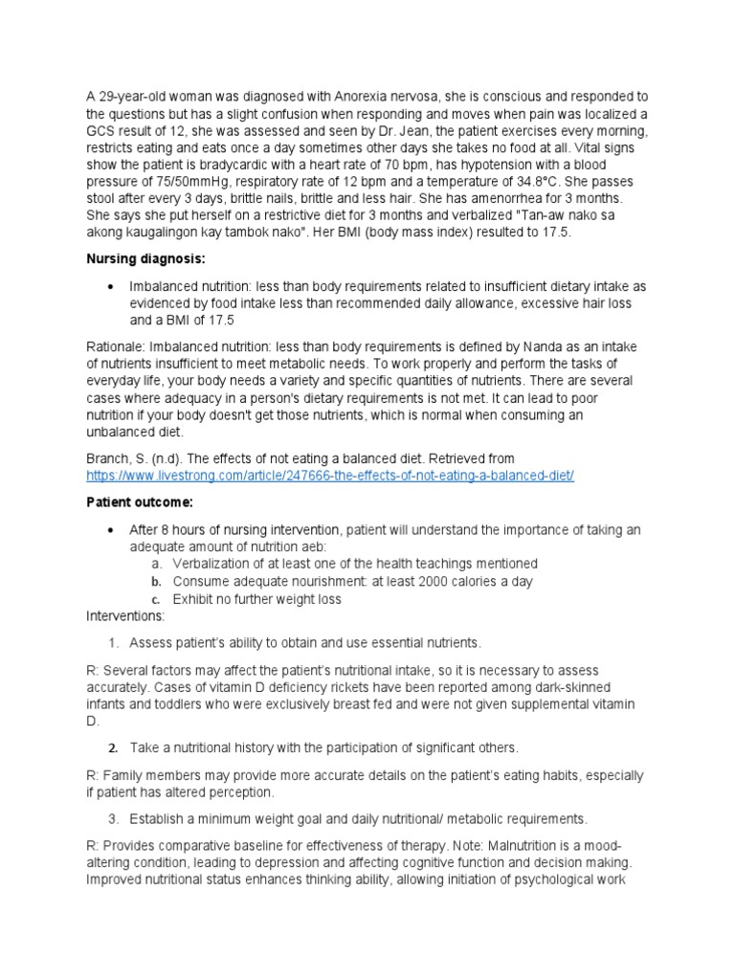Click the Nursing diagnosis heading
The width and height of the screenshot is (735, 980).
pos(134,258)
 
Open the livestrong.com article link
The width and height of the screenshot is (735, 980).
pos(329,476)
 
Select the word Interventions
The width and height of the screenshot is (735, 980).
pos(124,616)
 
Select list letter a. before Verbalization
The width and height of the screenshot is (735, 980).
pos(156,564)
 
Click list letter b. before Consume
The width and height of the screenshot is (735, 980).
pos(156,582)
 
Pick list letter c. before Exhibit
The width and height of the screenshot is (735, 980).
pos(156,599)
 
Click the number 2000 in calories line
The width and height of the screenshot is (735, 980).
pos(431,581)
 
